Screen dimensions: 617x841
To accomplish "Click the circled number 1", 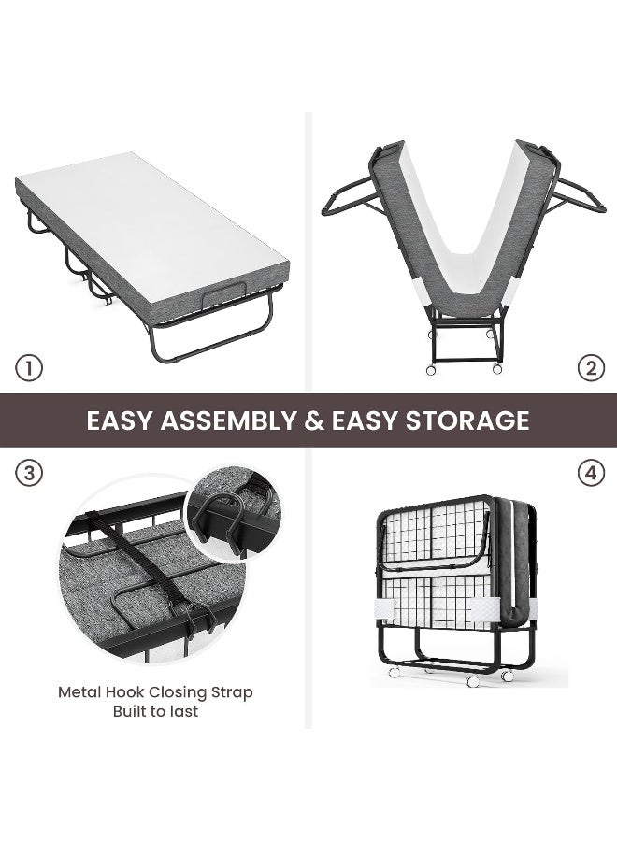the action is pyautogui.click(x=28, y=368).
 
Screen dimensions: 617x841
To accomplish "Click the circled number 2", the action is pyautogui.click(x=591, y=368).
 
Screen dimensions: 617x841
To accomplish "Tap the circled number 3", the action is pyautogui.click(x=28, y=473).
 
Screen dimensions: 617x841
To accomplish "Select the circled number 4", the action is pyautogui.click(x=591, y=473).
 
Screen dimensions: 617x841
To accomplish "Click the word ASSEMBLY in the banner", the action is pyautogui.click(x=228, y=420).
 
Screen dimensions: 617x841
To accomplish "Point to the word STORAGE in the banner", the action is pyautogui.click(x=467, y=420).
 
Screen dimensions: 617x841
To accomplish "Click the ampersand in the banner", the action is pyautogui.click(x=314, y=420).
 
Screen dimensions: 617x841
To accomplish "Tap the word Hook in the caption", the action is pyautogui.click(x=125, y=691).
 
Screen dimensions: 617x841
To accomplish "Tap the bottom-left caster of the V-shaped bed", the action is pyautogui.click(x=431, y=369).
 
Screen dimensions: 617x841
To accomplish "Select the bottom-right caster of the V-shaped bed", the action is pyautogui.click(x=497, y=369).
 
